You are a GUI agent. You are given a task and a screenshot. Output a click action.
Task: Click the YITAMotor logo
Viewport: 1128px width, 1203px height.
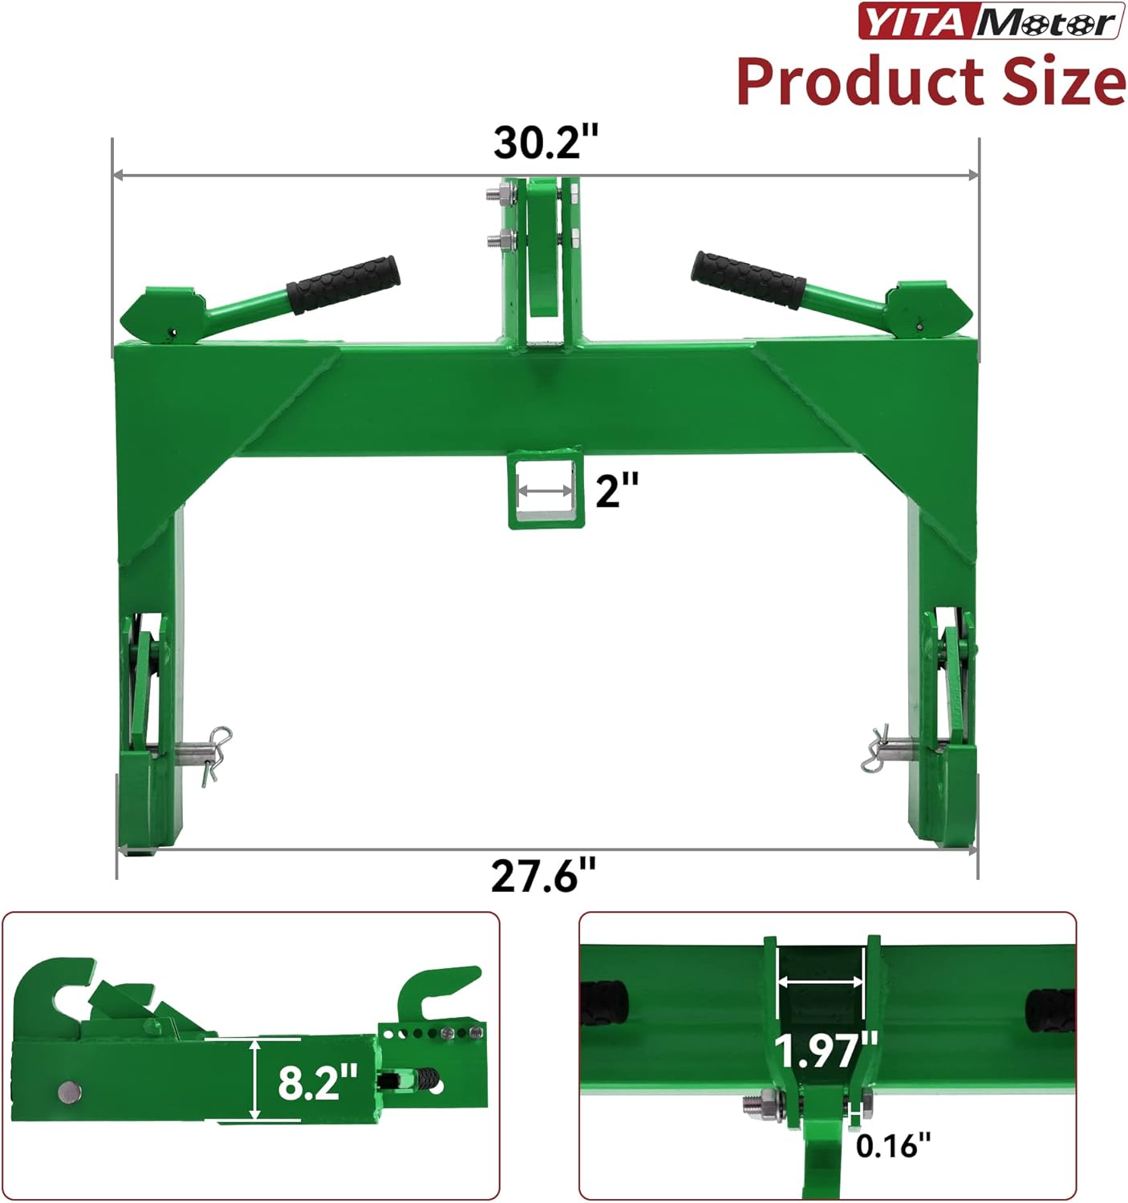pyautogui.click(x=990, y=22)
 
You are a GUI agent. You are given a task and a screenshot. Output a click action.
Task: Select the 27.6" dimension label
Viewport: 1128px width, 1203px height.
pyautogui.click(x=543, y=876)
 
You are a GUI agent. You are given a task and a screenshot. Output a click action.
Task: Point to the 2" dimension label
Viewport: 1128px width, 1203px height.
pyautogui.click(x=616, y=489)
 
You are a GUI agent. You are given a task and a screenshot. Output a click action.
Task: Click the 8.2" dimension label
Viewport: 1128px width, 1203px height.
pyautogui.click(x=317, y=1082)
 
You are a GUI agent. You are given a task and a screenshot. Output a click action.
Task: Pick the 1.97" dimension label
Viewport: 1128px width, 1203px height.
pyautogui.click(x=826, y=1050)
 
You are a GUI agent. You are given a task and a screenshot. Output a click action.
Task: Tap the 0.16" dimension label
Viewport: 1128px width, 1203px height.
pyautogui.click(x=893, y=1145)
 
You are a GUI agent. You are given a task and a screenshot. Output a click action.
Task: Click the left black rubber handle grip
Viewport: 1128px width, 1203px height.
pyautogui.click(x=343, y=284)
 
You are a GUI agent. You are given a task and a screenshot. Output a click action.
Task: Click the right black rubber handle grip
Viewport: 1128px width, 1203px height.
pyautogui.click(x=748, y=280)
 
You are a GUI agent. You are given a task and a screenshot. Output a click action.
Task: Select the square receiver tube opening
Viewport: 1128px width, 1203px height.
pyautogui.click(x=546, y=489)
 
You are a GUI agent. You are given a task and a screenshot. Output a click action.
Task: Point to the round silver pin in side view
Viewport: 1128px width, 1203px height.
pyautogui.click(x=70, y=1091)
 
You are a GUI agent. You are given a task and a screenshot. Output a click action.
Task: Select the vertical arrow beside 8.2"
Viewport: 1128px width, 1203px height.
pyautogui.click(x=255, y=1079)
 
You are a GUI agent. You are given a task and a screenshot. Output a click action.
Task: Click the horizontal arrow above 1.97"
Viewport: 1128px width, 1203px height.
pyautogui.click(x=820, y=982)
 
